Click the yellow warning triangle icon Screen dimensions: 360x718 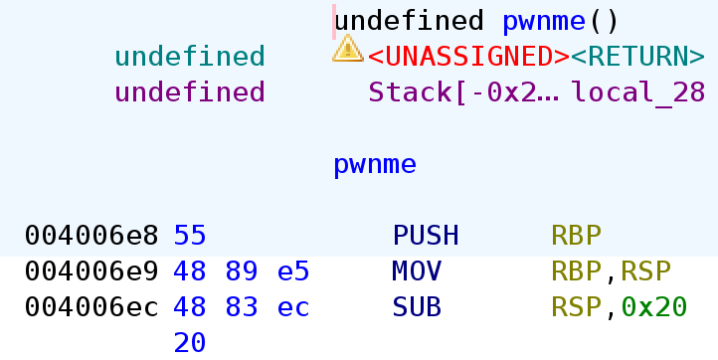click(347, 48)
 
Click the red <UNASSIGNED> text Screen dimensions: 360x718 click(468, 56)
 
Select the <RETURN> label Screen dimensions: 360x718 click(637, 56)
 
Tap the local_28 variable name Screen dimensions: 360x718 click(637, 92)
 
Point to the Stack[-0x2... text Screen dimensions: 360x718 click(463, 92)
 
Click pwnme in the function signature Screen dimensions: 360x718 click(538, 20)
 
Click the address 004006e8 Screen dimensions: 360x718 click(91, 236)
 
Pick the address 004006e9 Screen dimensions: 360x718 click(91, 271)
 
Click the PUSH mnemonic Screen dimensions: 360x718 click(426, 236)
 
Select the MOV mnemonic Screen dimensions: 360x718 click(418, 271)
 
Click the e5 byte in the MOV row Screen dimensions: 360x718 click(293, 271)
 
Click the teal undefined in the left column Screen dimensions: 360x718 click(190, 56)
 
